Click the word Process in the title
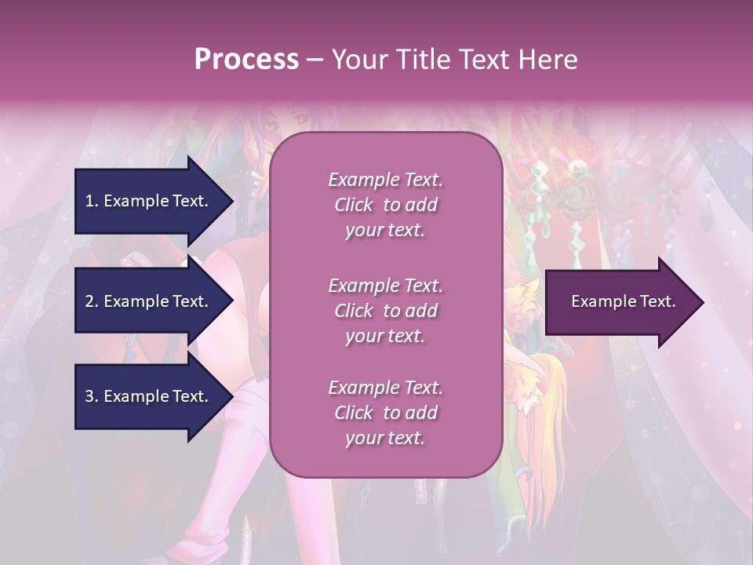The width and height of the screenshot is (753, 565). pyautogui.click(x=246, y=59)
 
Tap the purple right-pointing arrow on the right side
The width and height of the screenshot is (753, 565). pyautogui.click(x=620, y=302)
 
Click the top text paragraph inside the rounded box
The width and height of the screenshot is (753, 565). pyautogui.click(x=385, y=205)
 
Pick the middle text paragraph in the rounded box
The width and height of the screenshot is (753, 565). pyautogui.click(x=385, y=311)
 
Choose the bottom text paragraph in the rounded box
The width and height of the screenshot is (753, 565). pyautogui.click(x=385, y=413)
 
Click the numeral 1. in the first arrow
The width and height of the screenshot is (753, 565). pyautogui.click(x=91, y=201)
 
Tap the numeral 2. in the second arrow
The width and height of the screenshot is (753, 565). pyautogui.click(x=91, y=301)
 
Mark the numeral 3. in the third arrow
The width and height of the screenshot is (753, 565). pyautogui.click(x=91, y=396)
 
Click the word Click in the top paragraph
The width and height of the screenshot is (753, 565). pyautogui.click(x=353, y=206)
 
